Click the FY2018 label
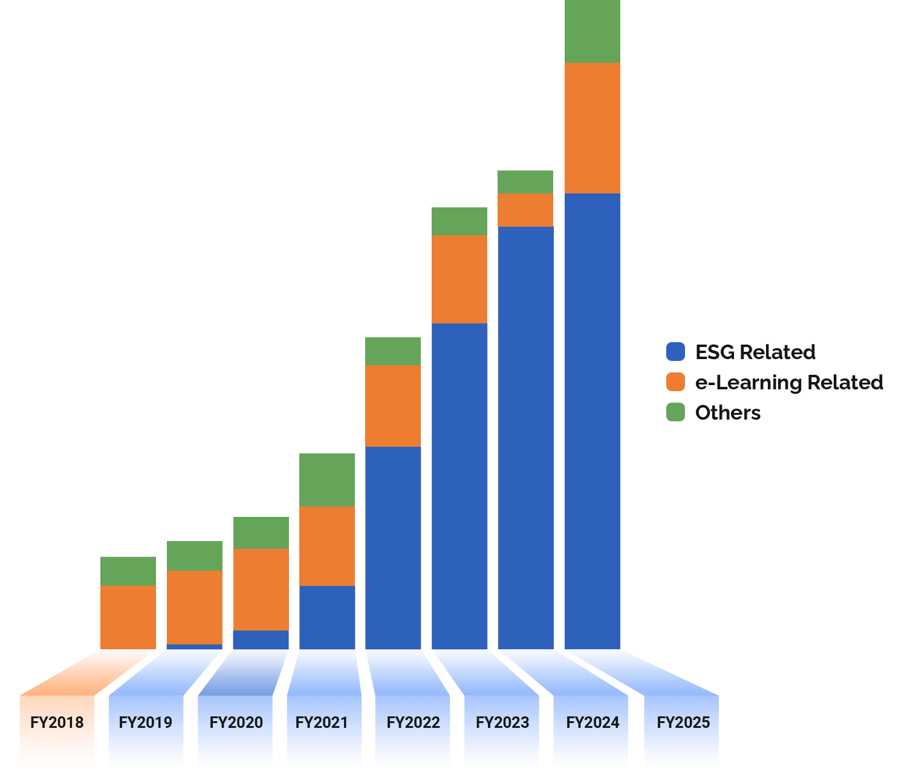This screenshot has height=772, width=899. pos(57,722)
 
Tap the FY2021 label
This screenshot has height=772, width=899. pos(322,722)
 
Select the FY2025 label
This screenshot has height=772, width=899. pos(683,722)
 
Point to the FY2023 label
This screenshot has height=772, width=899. pos(502,722)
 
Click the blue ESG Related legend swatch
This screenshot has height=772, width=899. pos(675,352)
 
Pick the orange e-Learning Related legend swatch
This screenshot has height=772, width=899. pos(675,382)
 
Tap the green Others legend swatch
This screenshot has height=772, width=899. pos(675,412)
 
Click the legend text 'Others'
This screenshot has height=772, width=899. pos(728,412)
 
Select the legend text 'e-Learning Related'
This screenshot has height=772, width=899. pos(789,382)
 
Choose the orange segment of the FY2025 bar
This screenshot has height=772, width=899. pos(592,128)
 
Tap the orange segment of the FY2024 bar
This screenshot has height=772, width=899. pos(525,210)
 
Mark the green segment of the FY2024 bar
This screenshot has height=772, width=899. pos(525,181)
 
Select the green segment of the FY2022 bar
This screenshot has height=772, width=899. pos(393,351)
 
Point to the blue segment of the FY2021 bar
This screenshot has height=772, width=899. pos(327,617)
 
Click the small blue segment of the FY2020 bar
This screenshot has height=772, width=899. pos(261,640)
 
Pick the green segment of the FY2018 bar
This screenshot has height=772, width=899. pos(128,571)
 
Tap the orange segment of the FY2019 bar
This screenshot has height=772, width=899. pos(194,607)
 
